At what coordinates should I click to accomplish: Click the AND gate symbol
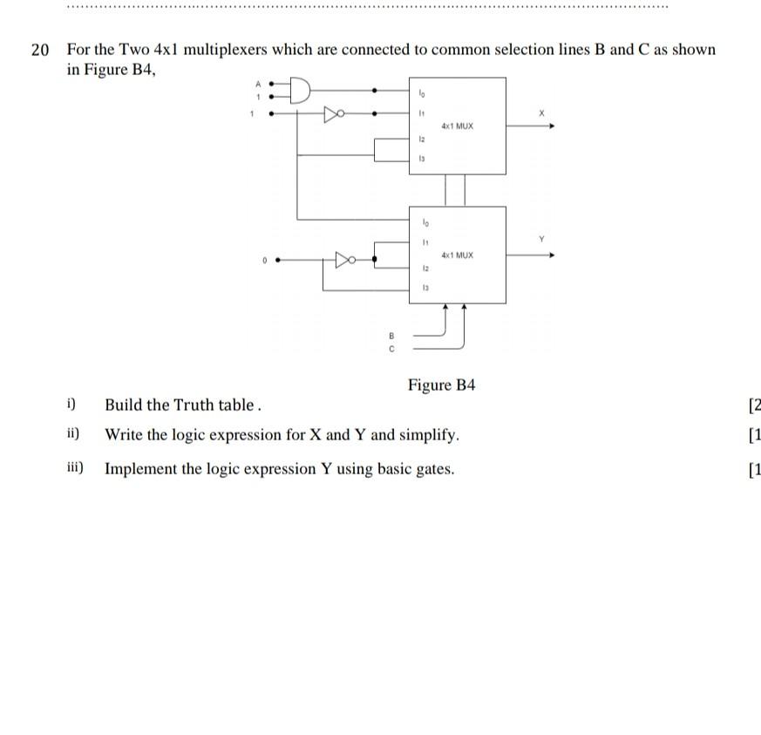299,90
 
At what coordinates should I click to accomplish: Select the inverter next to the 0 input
346,259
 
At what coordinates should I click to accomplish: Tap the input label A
258,84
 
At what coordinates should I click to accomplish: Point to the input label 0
263,260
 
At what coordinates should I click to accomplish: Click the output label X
540,113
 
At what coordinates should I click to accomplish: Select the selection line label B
391,335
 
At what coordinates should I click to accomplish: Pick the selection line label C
391,349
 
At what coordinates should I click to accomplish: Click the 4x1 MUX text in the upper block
457,126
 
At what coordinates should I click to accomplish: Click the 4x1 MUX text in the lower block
457,255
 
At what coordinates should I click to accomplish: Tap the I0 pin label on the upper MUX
422,93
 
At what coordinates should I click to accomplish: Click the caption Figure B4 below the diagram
441,385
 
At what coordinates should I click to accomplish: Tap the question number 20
40,50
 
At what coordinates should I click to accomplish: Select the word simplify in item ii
426,435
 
